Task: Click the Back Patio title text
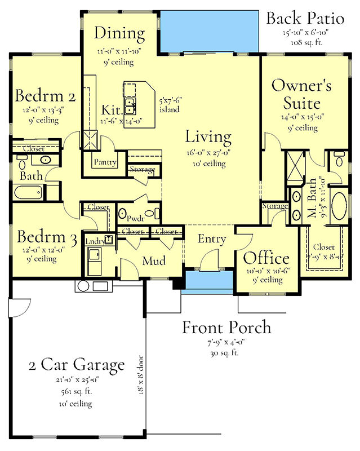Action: [305, 19]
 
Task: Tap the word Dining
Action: [119, 33]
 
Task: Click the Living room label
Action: [208, 136]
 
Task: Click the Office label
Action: [266, 259]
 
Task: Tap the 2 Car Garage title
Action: [77, 365]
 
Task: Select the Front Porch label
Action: [226, 328]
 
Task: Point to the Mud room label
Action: [153, 261]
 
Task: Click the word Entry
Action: [212, 239]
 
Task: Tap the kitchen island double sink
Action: [130, 103]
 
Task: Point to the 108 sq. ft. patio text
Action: [304, 42]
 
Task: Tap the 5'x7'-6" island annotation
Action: [169, 105]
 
